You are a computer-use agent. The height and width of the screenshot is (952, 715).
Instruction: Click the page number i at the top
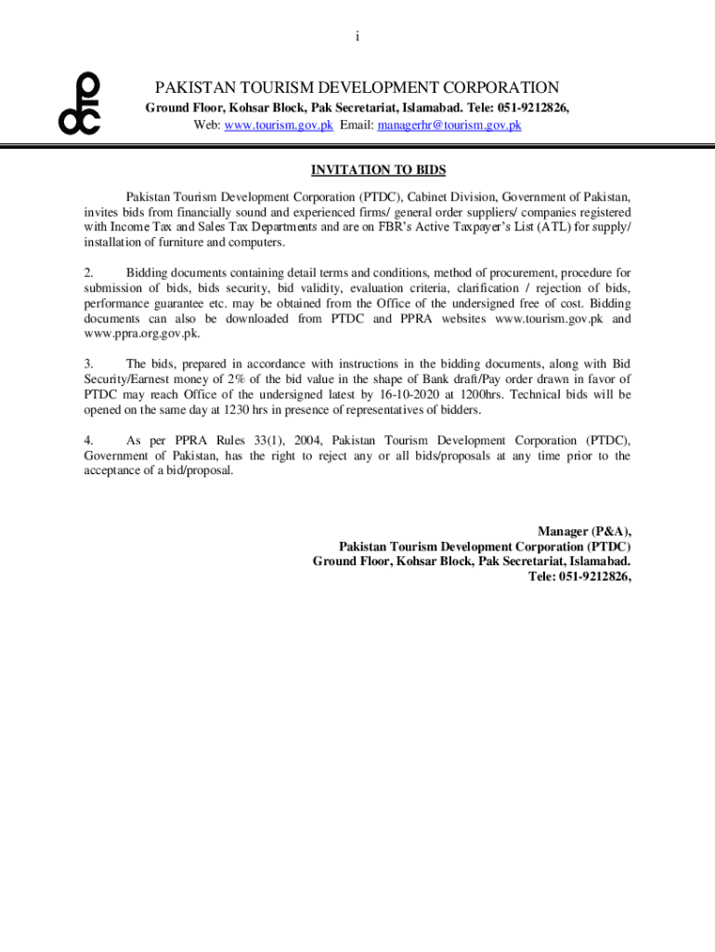coord(357,36)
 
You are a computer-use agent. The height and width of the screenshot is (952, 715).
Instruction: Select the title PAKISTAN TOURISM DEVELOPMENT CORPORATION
coord(357,88)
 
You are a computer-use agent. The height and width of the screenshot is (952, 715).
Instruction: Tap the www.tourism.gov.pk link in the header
coord(279,125)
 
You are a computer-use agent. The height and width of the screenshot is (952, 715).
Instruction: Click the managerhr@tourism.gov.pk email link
coord(448,125)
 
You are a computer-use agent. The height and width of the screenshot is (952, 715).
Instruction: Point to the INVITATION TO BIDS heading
coord(378,170)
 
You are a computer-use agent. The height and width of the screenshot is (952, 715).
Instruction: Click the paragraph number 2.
coord(88,273)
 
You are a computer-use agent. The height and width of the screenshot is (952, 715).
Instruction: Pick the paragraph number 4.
coord(88,441)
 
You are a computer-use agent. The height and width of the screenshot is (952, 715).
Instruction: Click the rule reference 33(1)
coord(261,441)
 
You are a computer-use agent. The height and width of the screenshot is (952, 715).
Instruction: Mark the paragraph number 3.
coord(88,364)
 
